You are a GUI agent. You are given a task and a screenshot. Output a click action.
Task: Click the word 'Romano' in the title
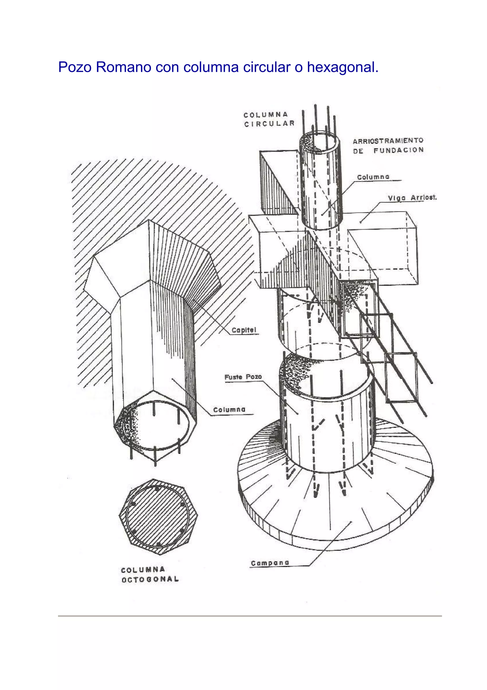tap(124, 67)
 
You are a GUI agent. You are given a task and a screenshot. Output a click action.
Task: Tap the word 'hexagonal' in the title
tap(342, 67)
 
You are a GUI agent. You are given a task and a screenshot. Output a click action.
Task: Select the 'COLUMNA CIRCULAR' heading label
tap(269, 119)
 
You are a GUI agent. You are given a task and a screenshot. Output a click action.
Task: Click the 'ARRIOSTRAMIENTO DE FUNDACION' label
tap(388, 145)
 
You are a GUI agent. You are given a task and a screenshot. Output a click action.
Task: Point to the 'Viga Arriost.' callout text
tap(412, 198)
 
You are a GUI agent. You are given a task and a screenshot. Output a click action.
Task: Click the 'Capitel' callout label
tap(244, 330)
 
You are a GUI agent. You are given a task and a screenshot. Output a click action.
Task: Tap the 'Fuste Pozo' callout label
tap(243, 377)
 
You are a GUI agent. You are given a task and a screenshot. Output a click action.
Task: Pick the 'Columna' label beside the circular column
tap(373, 177)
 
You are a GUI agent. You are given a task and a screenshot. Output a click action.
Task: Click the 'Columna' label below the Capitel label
tap(229, 410)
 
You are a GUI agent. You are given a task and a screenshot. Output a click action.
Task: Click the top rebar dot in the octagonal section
tap(156, 489)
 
